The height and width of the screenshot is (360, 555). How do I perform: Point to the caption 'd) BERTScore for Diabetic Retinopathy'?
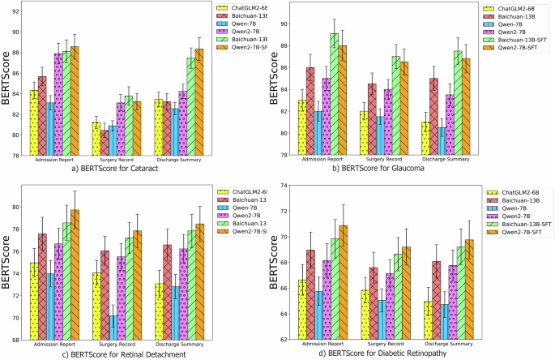point(412,354)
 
